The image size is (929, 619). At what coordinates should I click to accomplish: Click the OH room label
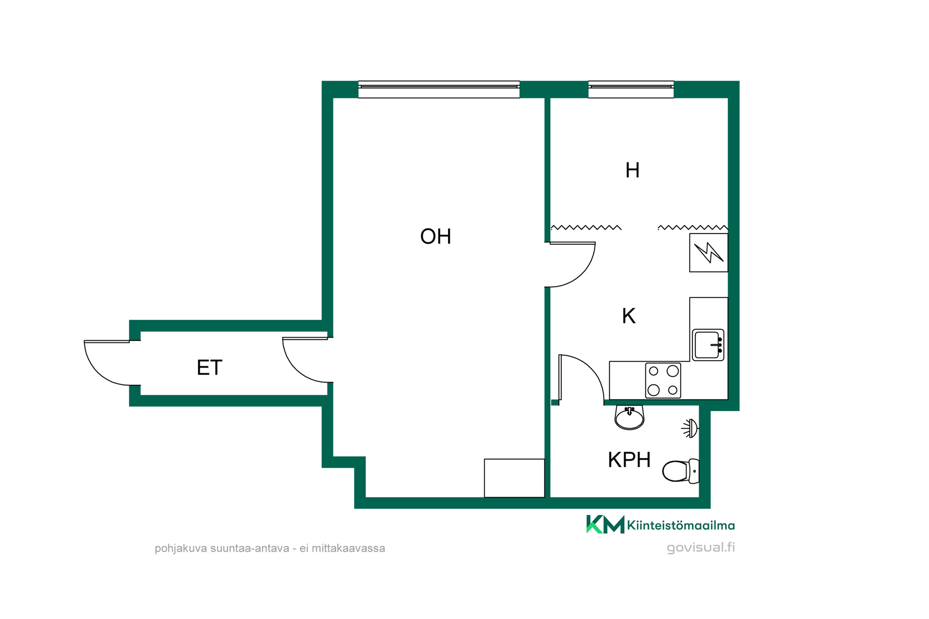pos(435,236)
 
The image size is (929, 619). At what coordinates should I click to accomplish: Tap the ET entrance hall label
pos(210,368)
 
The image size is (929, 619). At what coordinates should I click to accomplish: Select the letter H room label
pos(632,170)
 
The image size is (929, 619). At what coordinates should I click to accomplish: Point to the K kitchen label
pos(629,316)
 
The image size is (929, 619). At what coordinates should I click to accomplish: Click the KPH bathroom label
pos(629,460)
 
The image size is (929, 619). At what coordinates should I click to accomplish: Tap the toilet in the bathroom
pos(681,471)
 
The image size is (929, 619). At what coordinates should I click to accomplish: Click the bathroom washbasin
pos(629,417)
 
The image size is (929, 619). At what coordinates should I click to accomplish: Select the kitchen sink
pos(708,345)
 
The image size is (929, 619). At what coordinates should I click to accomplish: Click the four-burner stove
pos(663,381)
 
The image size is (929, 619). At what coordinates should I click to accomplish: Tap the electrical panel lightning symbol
pos(709,252)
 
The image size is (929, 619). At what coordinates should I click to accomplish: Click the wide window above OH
pos(439,89)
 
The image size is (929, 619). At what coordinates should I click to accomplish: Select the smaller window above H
pos(631,89)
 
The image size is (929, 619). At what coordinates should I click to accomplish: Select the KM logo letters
pos(605,524)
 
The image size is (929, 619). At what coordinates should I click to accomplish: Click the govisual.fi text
pos(701,547)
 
